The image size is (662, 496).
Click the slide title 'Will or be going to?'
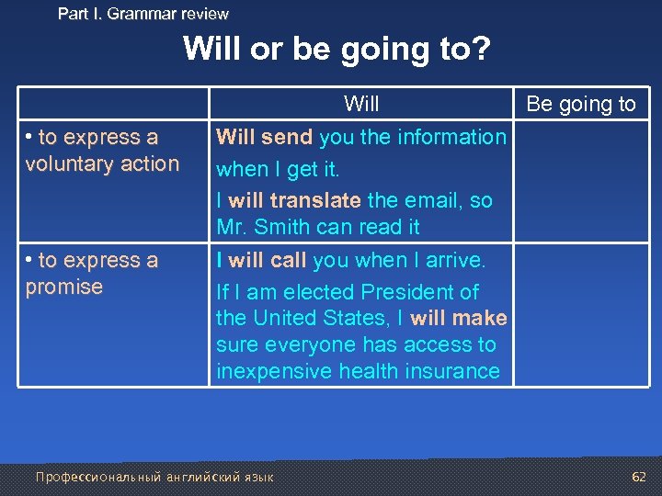[x=337, y=49]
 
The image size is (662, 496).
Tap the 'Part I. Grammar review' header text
[x=143, y=14]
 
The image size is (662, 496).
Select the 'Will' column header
[x=361, y=104]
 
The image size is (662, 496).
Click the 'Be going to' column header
[x=580, y=104]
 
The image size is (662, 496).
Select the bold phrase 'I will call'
[x=261, y=261]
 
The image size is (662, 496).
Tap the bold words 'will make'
[x=459, y=319]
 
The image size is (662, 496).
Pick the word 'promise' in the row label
[x=64, y=287]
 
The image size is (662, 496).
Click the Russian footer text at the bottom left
[x=154, y=478]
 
